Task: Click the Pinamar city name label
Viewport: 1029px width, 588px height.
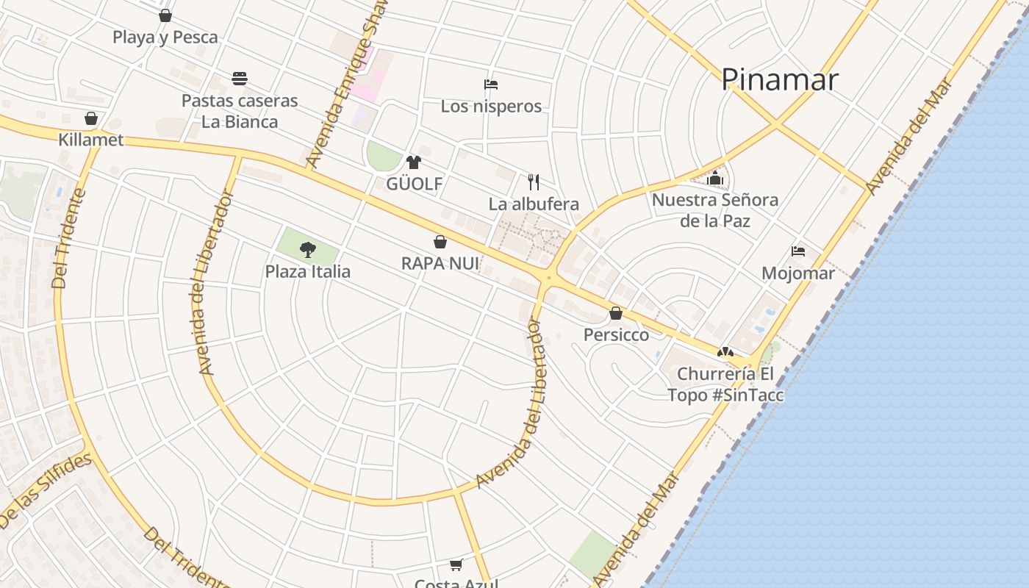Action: coord(779,79)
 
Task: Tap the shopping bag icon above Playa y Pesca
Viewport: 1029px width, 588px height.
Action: coord(165,15)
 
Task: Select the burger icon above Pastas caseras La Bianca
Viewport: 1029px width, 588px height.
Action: coord(240,78)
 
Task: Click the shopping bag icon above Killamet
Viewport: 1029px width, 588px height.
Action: coord(91,118)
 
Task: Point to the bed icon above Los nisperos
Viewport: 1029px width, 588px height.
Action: coord(491,85)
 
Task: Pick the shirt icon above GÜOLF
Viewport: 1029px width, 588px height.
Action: coord(414,162)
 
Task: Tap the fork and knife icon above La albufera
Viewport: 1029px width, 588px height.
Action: coord(534,182)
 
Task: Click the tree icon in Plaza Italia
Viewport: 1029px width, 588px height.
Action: coord(308,250)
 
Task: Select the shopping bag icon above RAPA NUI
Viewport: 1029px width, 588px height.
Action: coord(440,242)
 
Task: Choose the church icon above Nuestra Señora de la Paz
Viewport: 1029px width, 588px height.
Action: coord(715,178)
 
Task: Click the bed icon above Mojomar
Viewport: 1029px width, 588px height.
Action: coord(798,251)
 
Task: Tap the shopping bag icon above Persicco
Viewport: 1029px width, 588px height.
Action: coord(616,314)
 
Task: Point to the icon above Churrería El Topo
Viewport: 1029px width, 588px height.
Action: coord(725,353)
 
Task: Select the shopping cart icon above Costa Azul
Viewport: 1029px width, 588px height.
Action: coord(456,564)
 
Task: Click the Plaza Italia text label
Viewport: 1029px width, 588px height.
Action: coord(308,272)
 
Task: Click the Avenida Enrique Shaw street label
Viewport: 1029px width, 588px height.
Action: coord(345,85)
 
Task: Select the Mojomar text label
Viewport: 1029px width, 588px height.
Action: coord(798,274)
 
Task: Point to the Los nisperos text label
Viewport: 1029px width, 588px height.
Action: coord(491,107)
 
